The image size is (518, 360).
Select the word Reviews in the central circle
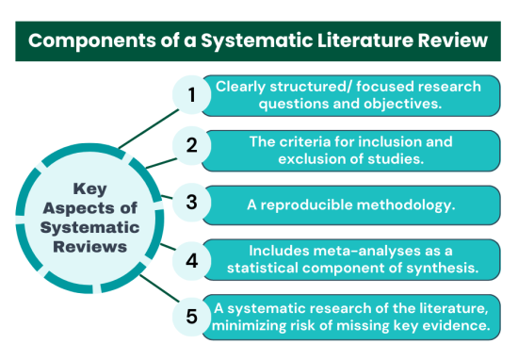pos(80,246)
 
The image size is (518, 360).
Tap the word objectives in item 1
pos(418,104)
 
